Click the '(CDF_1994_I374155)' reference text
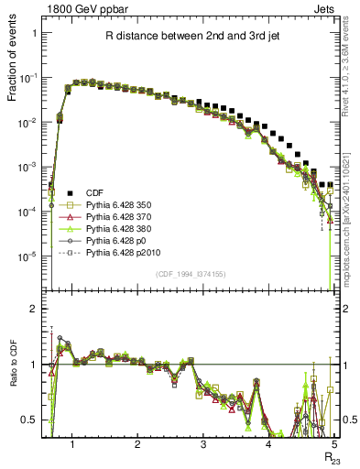pyautogui.click(x=191, y=274)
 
